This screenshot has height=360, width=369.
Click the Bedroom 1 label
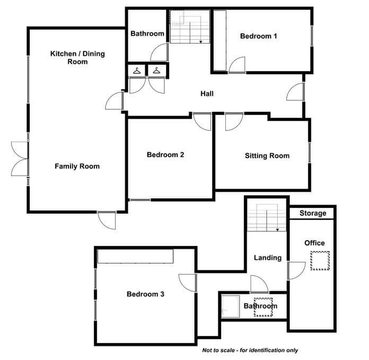(258, 36)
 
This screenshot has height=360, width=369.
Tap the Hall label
(207, 94)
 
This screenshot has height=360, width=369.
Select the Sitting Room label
(267, 155)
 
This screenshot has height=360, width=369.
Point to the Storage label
(313, 213)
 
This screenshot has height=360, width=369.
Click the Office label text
(314, 243)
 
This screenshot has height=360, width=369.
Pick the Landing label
(268, 258)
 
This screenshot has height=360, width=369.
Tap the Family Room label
(77, 166)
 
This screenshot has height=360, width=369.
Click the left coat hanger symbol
(137, 71)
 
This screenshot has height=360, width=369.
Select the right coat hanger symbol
(156, 71)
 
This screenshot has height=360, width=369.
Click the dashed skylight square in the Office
(320, 261)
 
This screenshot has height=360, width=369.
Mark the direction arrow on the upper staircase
(201, 42)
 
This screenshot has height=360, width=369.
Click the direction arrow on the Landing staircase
(277, 230)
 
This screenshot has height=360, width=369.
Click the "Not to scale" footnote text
(250, 350)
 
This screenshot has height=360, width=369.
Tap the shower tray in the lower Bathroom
(231, 306)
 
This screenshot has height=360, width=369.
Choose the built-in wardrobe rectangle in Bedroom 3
(135, 256)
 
